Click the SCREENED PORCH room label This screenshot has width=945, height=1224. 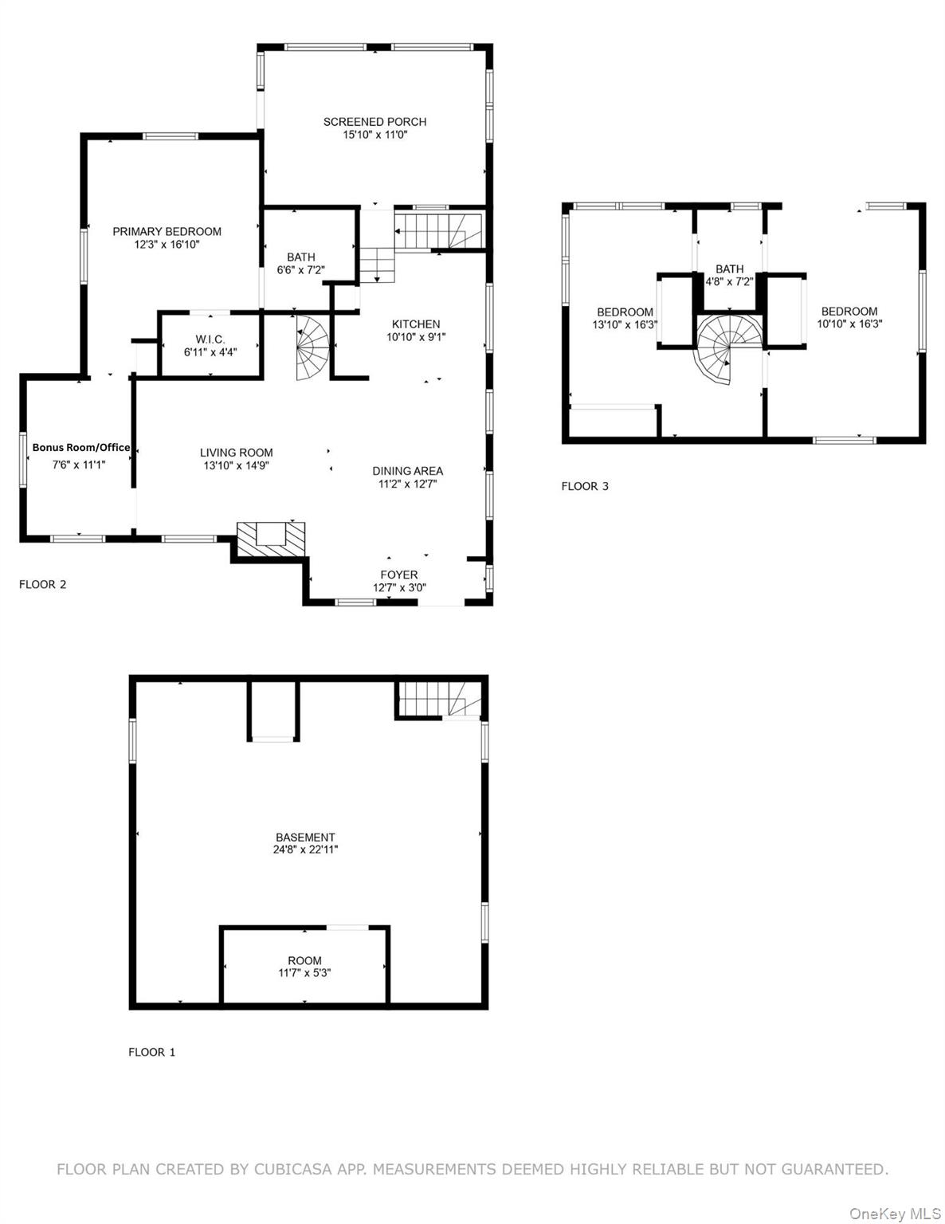[x=374, y=122]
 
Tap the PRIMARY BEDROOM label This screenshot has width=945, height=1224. [x=167, y=232]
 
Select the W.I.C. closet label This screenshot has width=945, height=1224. [x=210, y=339]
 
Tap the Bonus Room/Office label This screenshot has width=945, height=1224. [x=80, y=448]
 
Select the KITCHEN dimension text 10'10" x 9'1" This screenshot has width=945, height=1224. [x=416, y=337]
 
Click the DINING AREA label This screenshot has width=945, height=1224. [x=407, y=471]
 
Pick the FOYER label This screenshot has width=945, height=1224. [x=399, y=575]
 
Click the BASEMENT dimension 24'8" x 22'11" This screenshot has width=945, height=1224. [x=305, y=850]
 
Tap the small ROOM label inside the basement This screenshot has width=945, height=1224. [x=305, y=960]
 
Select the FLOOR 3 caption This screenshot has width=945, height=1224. [x=585, y=486]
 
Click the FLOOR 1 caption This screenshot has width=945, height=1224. [x=151, y=1052]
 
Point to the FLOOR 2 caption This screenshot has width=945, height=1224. [x=42, y=584]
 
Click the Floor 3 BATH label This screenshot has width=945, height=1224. [x=729, y=269]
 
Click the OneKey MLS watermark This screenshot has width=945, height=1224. [x=895, y=1214]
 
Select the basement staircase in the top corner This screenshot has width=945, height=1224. [x=438, y=700]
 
